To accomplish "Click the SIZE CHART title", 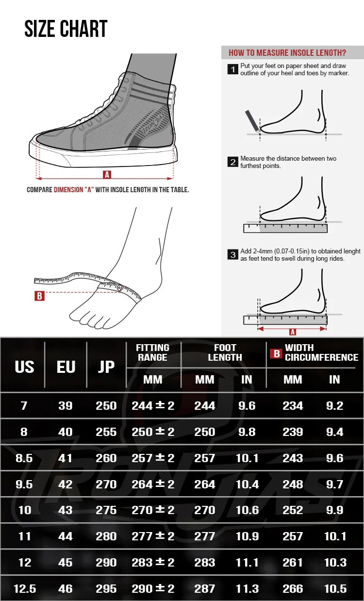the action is coord(66,29).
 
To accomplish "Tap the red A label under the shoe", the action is coord(107,175).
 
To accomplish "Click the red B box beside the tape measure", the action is coord(39,296).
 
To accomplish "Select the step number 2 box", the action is coord(233,162).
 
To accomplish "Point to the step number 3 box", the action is coord(233,254).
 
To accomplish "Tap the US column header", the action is coord(24,367).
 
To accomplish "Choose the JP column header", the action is coord(106,367).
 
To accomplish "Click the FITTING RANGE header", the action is coord(152,352).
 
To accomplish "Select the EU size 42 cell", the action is coord(66,484).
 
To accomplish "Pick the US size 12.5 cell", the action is coord(25,589).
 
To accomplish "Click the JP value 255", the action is coord(106,432).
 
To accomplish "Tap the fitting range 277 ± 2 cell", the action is coord(153,536).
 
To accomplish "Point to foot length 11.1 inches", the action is coord(247,563).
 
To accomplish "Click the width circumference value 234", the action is coord(293,406).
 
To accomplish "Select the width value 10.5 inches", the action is coord(335,589).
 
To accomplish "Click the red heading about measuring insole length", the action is coord(287,52).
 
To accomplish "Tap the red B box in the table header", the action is coord(277,353).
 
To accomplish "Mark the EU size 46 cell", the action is coord(66,589).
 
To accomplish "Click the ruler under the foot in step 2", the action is coord(285,228).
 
